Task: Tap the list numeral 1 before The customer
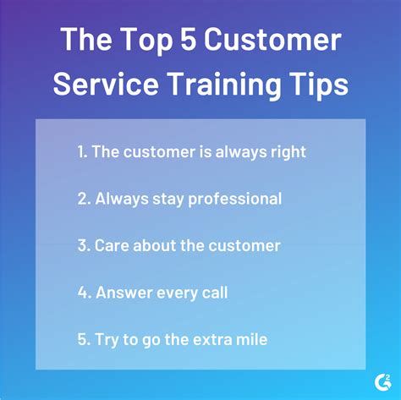[x=80, y=152]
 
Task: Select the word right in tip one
[x=288, y=152]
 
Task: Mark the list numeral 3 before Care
[x=81, y=246]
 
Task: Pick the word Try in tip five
[x=107, y=341]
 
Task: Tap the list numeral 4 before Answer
[x=81, y=293]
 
